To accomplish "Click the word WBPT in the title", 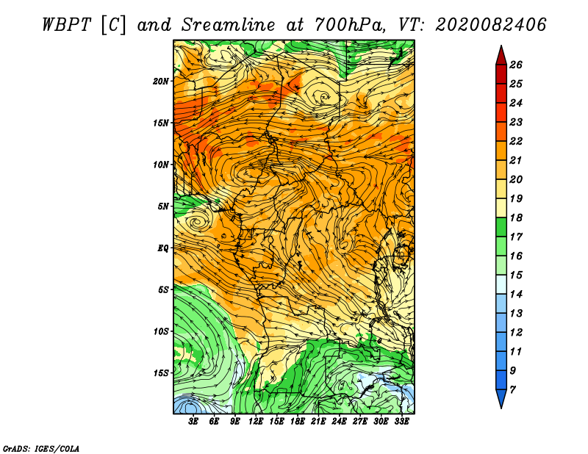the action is coord(66,25).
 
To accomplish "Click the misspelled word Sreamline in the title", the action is coord(229,25).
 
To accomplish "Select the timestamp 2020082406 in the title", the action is coord(491,25).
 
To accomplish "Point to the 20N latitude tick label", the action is coord(160,82).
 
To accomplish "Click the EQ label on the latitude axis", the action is coord(162,248).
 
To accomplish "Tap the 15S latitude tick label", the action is coord(160,373).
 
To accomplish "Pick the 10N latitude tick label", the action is coord(160,165).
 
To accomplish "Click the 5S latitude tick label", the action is coord(163,289).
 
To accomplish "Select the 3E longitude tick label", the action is coord(193,422).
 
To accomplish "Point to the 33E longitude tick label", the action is coord(401,422).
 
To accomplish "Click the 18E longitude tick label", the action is coord(298,422).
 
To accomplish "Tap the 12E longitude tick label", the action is coord(256,422).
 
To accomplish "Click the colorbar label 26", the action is coord(516,65).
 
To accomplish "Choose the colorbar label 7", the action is coord(512,390).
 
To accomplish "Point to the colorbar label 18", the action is coord(516,217).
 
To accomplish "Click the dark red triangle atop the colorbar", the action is coord(501,56).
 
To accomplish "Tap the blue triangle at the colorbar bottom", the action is coord(501,398).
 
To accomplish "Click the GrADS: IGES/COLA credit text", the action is coord(40,448).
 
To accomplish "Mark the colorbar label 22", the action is coord(516,141).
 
